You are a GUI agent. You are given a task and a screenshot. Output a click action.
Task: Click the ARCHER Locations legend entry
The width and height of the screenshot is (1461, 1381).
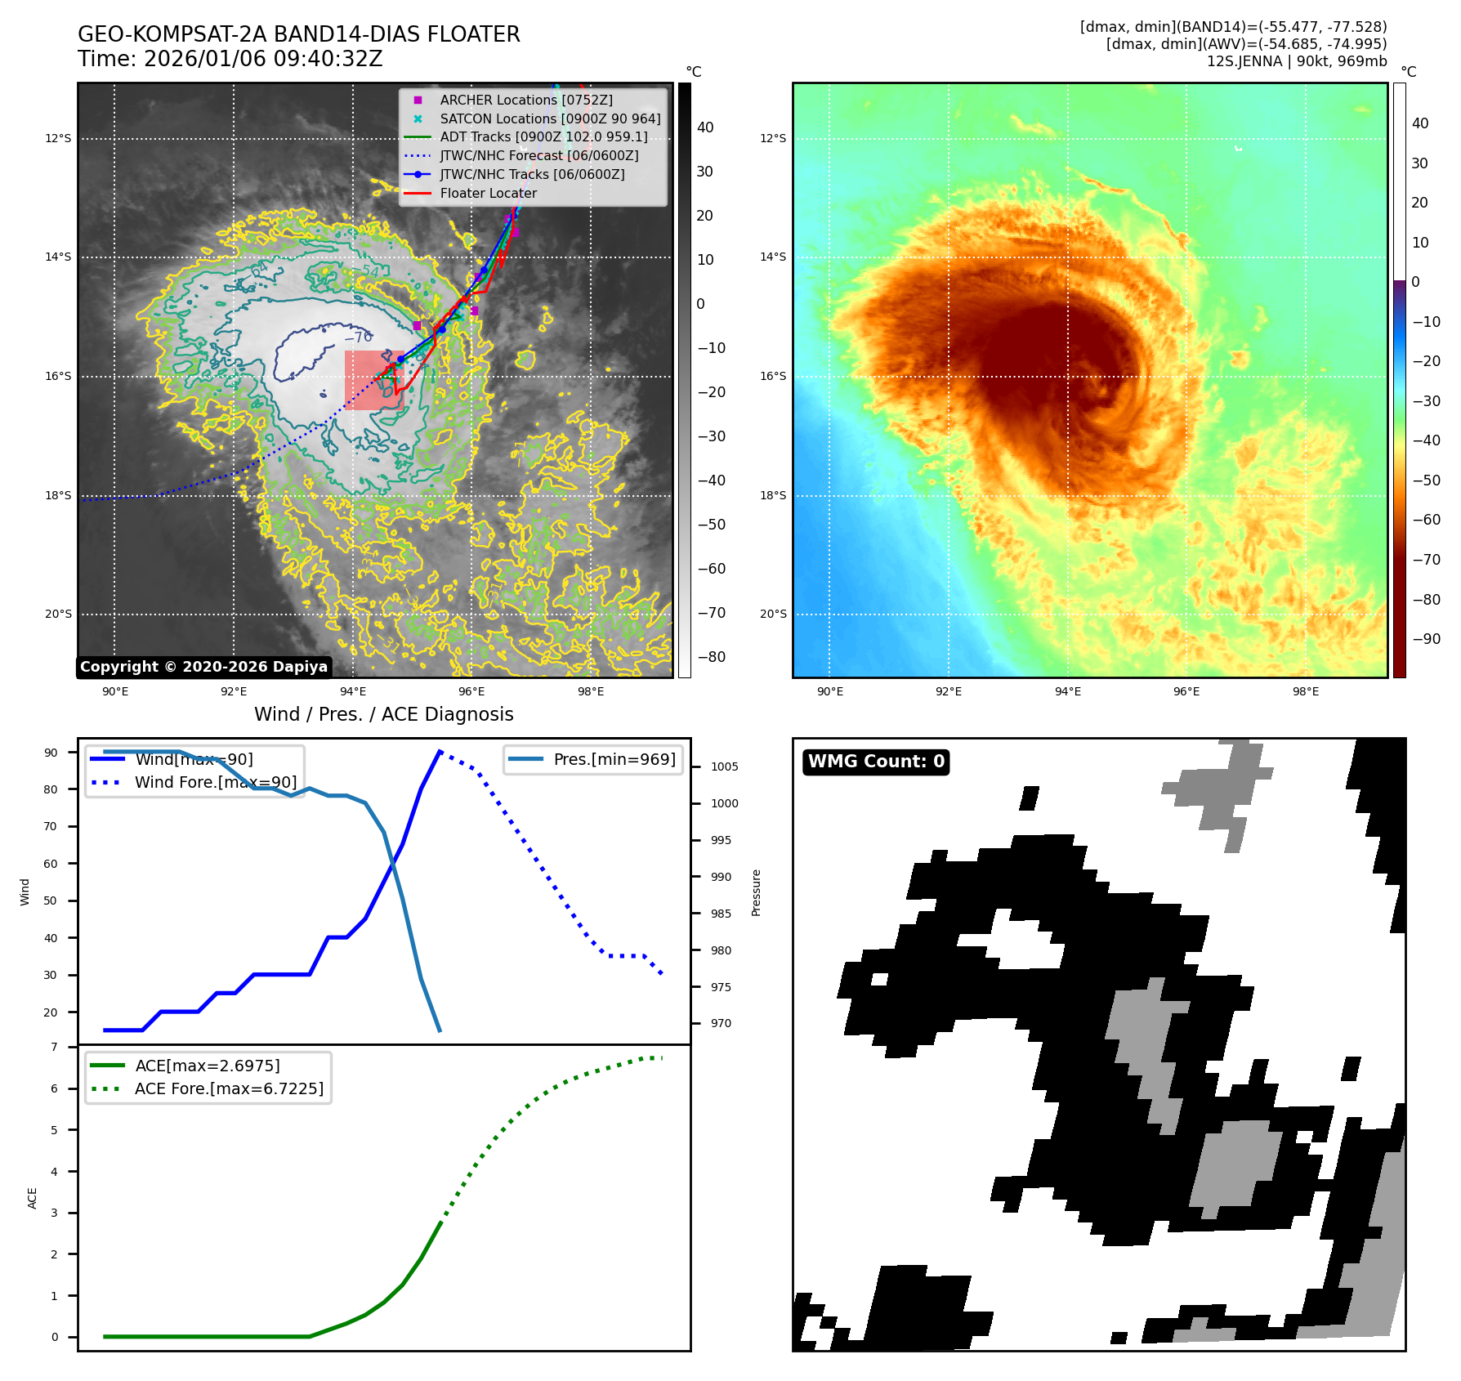pyautogui.click(x=525, y=100)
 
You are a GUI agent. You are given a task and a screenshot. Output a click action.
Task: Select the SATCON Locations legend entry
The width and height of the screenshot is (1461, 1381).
pyautogui.click(x=550, y=118)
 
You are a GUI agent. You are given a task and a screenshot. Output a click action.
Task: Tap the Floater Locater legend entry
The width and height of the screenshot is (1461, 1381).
pyautogui.click(x=488, y=193)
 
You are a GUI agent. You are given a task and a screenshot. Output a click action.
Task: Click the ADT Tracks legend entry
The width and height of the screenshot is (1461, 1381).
pyautogui.click(x=543, y=136)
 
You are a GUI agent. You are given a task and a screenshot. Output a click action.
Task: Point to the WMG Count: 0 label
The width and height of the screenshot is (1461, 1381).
pyautogui.click(x=876, y=762)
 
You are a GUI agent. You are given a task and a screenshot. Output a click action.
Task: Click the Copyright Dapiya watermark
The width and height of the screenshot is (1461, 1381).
pyautogui.click(x=203, y=667)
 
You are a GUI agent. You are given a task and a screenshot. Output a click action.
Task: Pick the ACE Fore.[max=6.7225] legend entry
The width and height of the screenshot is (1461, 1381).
pyautogui.click(x=229, y=1088)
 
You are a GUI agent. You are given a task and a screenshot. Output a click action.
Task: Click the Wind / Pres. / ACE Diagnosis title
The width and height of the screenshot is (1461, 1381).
pyautogui.click(x=384, y=714)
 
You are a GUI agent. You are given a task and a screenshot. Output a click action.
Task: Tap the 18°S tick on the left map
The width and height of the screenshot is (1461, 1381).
pyautogui.click(x=58, y=495)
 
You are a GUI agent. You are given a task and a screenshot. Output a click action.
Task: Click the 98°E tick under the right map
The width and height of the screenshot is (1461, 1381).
pyautogui.click(x=1305, y=691)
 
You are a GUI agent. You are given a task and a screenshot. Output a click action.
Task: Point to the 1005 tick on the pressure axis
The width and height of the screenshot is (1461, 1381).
pyautogui.click(x=724, y=766)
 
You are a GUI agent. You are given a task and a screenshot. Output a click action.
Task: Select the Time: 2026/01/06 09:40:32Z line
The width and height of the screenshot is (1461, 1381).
pyautogui.click(x=230, y=59)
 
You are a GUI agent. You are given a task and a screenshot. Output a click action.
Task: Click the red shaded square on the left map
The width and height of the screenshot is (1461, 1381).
pyautogui.click(x=373, y=380)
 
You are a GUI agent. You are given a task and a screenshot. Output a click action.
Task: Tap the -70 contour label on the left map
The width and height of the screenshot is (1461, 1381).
pyautogui.click(x=359, y=337)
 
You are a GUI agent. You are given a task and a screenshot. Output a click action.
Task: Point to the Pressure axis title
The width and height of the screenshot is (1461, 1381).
pyautogui.click(x=756, y=892)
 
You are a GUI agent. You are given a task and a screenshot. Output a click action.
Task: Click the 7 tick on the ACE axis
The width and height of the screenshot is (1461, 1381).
pyautogui.click(x=55, y=1047)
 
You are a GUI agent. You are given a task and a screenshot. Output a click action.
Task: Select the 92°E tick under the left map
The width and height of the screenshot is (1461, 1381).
pyautogui.click(x=234, y=691)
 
